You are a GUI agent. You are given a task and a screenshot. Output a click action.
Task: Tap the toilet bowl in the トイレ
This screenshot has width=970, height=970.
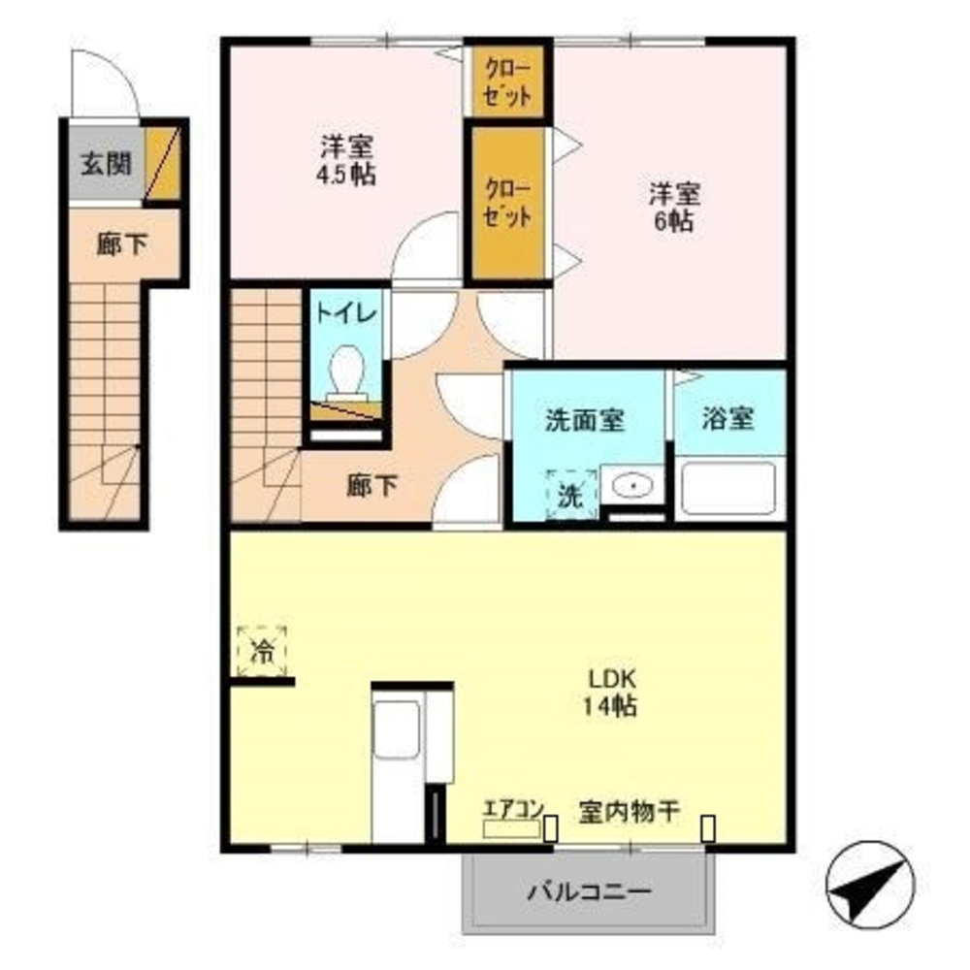click(x=345, y=373)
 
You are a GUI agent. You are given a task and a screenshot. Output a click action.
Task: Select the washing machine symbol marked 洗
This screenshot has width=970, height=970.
click(x=572, y=495)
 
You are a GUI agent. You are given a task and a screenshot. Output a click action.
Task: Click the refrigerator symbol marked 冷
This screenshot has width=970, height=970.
click(x=262, y=650)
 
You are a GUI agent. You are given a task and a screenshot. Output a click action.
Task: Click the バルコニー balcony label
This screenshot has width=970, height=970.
click(x=590, y=890)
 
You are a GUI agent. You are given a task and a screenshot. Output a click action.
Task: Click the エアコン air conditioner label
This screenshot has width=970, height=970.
click(x=514, y=808)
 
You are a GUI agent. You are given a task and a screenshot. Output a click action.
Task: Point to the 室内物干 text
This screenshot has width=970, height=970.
click(x=629, y=809)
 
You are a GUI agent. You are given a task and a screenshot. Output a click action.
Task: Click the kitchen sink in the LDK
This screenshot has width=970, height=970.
click(x=397, y=729)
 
